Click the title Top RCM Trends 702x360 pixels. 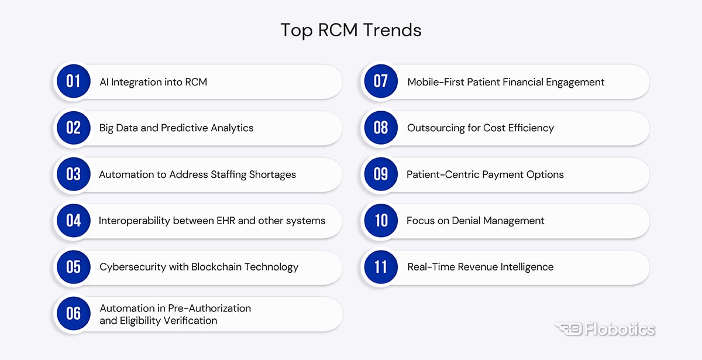(350, 30)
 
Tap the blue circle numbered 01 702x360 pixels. (74, 81)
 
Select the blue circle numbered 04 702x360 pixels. (74, 221)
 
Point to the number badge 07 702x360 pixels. (381, 81)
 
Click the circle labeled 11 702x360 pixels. (381, 267)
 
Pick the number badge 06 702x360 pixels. (74, 313)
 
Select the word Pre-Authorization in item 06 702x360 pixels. (209, 308)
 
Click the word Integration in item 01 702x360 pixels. (137, 82)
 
